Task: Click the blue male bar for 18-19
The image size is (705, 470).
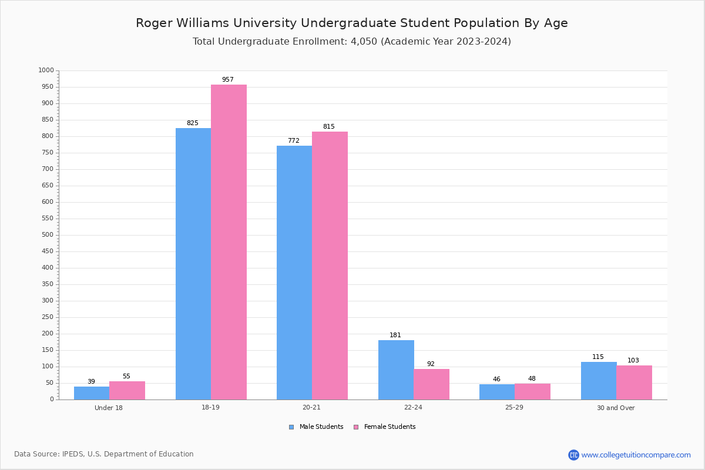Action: pos(193,264)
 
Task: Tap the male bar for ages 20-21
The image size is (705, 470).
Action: pos(294,273)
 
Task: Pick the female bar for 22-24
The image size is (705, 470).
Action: pos(431,384)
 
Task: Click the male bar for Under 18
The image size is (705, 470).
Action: pos(92,393)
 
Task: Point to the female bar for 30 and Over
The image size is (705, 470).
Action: pos(634,382)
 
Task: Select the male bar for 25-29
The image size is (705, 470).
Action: pos(497,392)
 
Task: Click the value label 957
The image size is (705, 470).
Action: pos(228,79)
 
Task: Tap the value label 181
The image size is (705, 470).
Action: pos(395,335)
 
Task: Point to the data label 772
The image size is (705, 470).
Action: pos(294,141)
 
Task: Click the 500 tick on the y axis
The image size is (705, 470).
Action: pos(47,235)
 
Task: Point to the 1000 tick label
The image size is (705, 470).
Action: pos(46,70)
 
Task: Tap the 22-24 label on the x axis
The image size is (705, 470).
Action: pos(413,408)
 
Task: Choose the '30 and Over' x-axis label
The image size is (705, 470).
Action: pos(616,408)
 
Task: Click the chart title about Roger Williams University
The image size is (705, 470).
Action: pos(352,23)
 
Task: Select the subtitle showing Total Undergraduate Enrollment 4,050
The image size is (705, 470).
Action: pos(352,42)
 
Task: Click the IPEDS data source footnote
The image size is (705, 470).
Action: pos(104,454)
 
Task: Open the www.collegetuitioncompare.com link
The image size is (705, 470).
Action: pos(636,455)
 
